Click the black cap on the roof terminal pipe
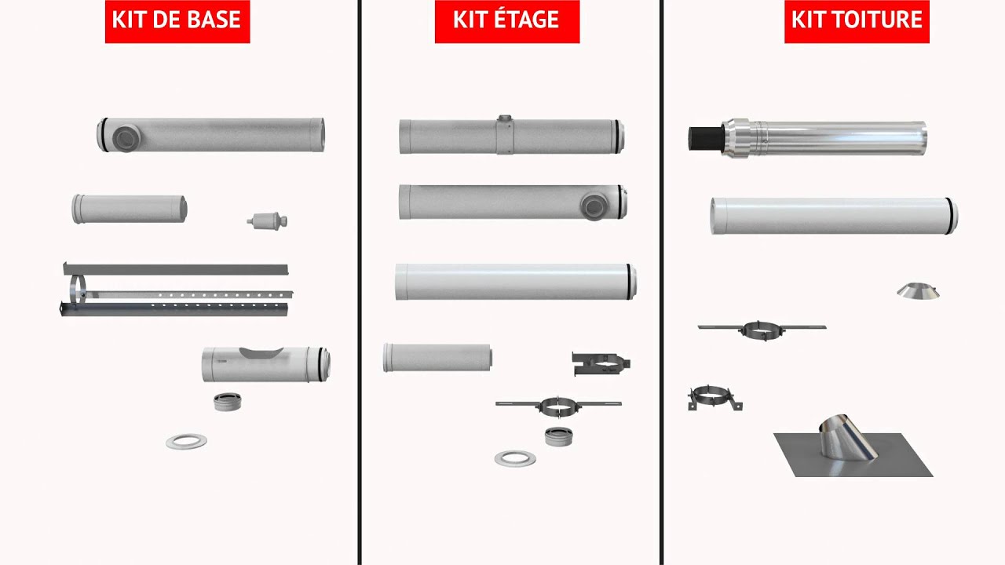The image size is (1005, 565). [x=705, y=139]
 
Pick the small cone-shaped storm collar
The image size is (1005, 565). [x=918, y=290]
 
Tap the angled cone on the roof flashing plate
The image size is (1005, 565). [x=847, y=438]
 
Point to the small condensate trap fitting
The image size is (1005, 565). [x=268, y=221]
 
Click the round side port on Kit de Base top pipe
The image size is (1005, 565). [x=126, y=138]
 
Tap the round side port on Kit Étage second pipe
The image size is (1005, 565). [x=594, y=206]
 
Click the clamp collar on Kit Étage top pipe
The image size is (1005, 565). [x=505, y=135]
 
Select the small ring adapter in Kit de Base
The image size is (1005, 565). [x=227, y=403]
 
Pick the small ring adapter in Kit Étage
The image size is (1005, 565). [x=558, y=436]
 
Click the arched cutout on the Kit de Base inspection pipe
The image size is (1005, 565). [x=261, y=352]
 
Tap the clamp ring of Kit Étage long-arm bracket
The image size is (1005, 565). [x=557, y=406]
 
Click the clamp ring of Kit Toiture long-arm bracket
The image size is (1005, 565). [x=759, y=330]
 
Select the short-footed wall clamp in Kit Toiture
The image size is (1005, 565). [x=714, y=398]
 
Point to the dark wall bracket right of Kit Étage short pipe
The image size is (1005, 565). [x=601, y=363]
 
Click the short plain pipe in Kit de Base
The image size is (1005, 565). [x=130, y=209]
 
